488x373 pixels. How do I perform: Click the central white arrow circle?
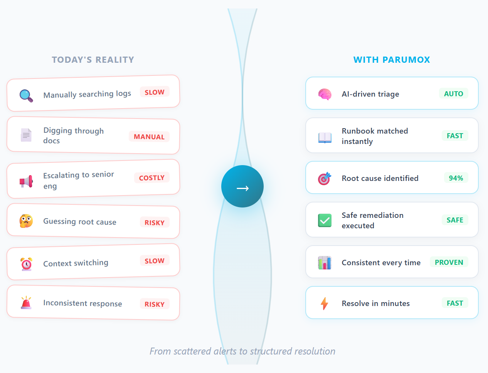point(242,186)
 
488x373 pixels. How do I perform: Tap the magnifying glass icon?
point(26,96)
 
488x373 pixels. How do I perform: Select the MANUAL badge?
point(149,137)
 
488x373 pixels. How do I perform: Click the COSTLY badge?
point(152,177)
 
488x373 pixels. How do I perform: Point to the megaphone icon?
point(26,181)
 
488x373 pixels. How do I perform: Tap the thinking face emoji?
point(26,221)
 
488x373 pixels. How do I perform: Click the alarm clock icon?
point(26,264)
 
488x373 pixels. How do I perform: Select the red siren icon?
point(26,303)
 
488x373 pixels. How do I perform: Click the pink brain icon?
point(325,94)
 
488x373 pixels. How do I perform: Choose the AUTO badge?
point(454,94)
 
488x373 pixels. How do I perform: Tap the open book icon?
point(325,138)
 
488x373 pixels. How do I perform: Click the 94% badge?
point(456,178)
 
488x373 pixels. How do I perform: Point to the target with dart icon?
point(325,179)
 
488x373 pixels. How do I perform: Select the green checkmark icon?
point(325,221)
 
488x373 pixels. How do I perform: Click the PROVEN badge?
point(449,262)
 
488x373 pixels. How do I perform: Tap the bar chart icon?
point(325,263)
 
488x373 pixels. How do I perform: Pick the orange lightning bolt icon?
point(325,303)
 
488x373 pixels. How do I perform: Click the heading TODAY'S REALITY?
point(93,60)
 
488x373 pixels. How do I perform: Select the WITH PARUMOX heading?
point(392,60)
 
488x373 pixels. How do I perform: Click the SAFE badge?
point(455,220)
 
